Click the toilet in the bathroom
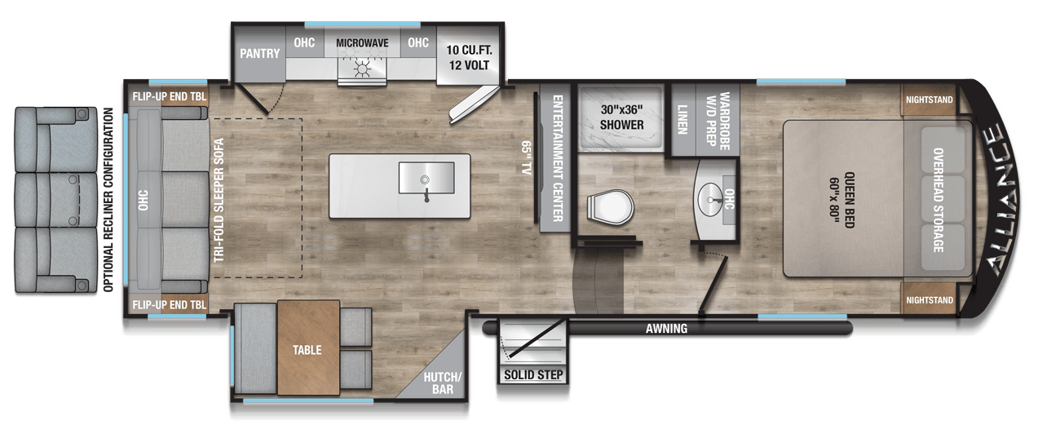tap(610, 208)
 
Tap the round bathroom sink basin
tap(709, 199)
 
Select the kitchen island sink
tap(426, 178)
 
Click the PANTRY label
tap(259, 54)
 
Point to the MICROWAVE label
tap(362, 43)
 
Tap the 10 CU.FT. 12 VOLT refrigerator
tap(469, 56)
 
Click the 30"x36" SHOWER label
tap(622, 117)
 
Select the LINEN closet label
tap(682, 119)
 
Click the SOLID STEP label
tap(533, 374)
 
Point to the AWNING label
tap(666, 329)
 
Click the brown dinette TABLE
tap(308, 348)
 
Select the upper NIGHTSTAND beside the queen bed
tap(929, 100)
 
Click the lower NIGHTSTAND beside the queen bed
tap(929, 300)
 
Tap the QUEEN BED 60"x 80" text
tap(841, 200)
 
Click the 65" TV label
tap(525, 157)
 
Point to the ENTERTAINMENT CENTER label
tap(558, 158)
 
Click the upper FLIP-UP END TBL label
tap(169, 96)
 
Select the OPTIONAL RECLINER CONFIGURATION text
tap(108, 200)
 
